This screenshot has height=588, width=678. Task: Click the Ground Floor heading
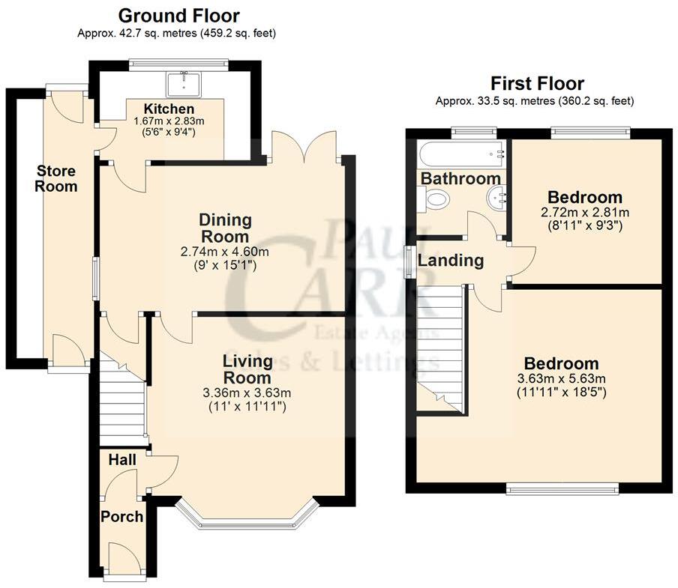(x=178, y=15)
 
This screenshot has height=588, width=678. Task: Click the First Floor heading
(x=536, y=83)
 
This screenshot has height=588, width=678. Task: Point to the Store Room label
(x=56, y=179)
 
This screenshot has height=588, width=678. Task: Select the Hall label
(x=121, y=458)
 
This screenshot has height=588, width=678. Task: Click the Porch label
(x=121, y=516)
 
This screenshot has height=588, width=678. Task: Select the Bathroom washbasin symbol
(x=496, y=198)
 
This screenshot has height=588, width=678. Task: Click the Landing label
(x=450, y=261)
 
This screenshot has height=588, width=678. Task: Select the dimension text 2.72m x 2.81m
(x=585, y=213)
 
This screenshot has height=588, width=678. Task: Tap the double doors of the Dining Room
(x=303, y=147)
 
